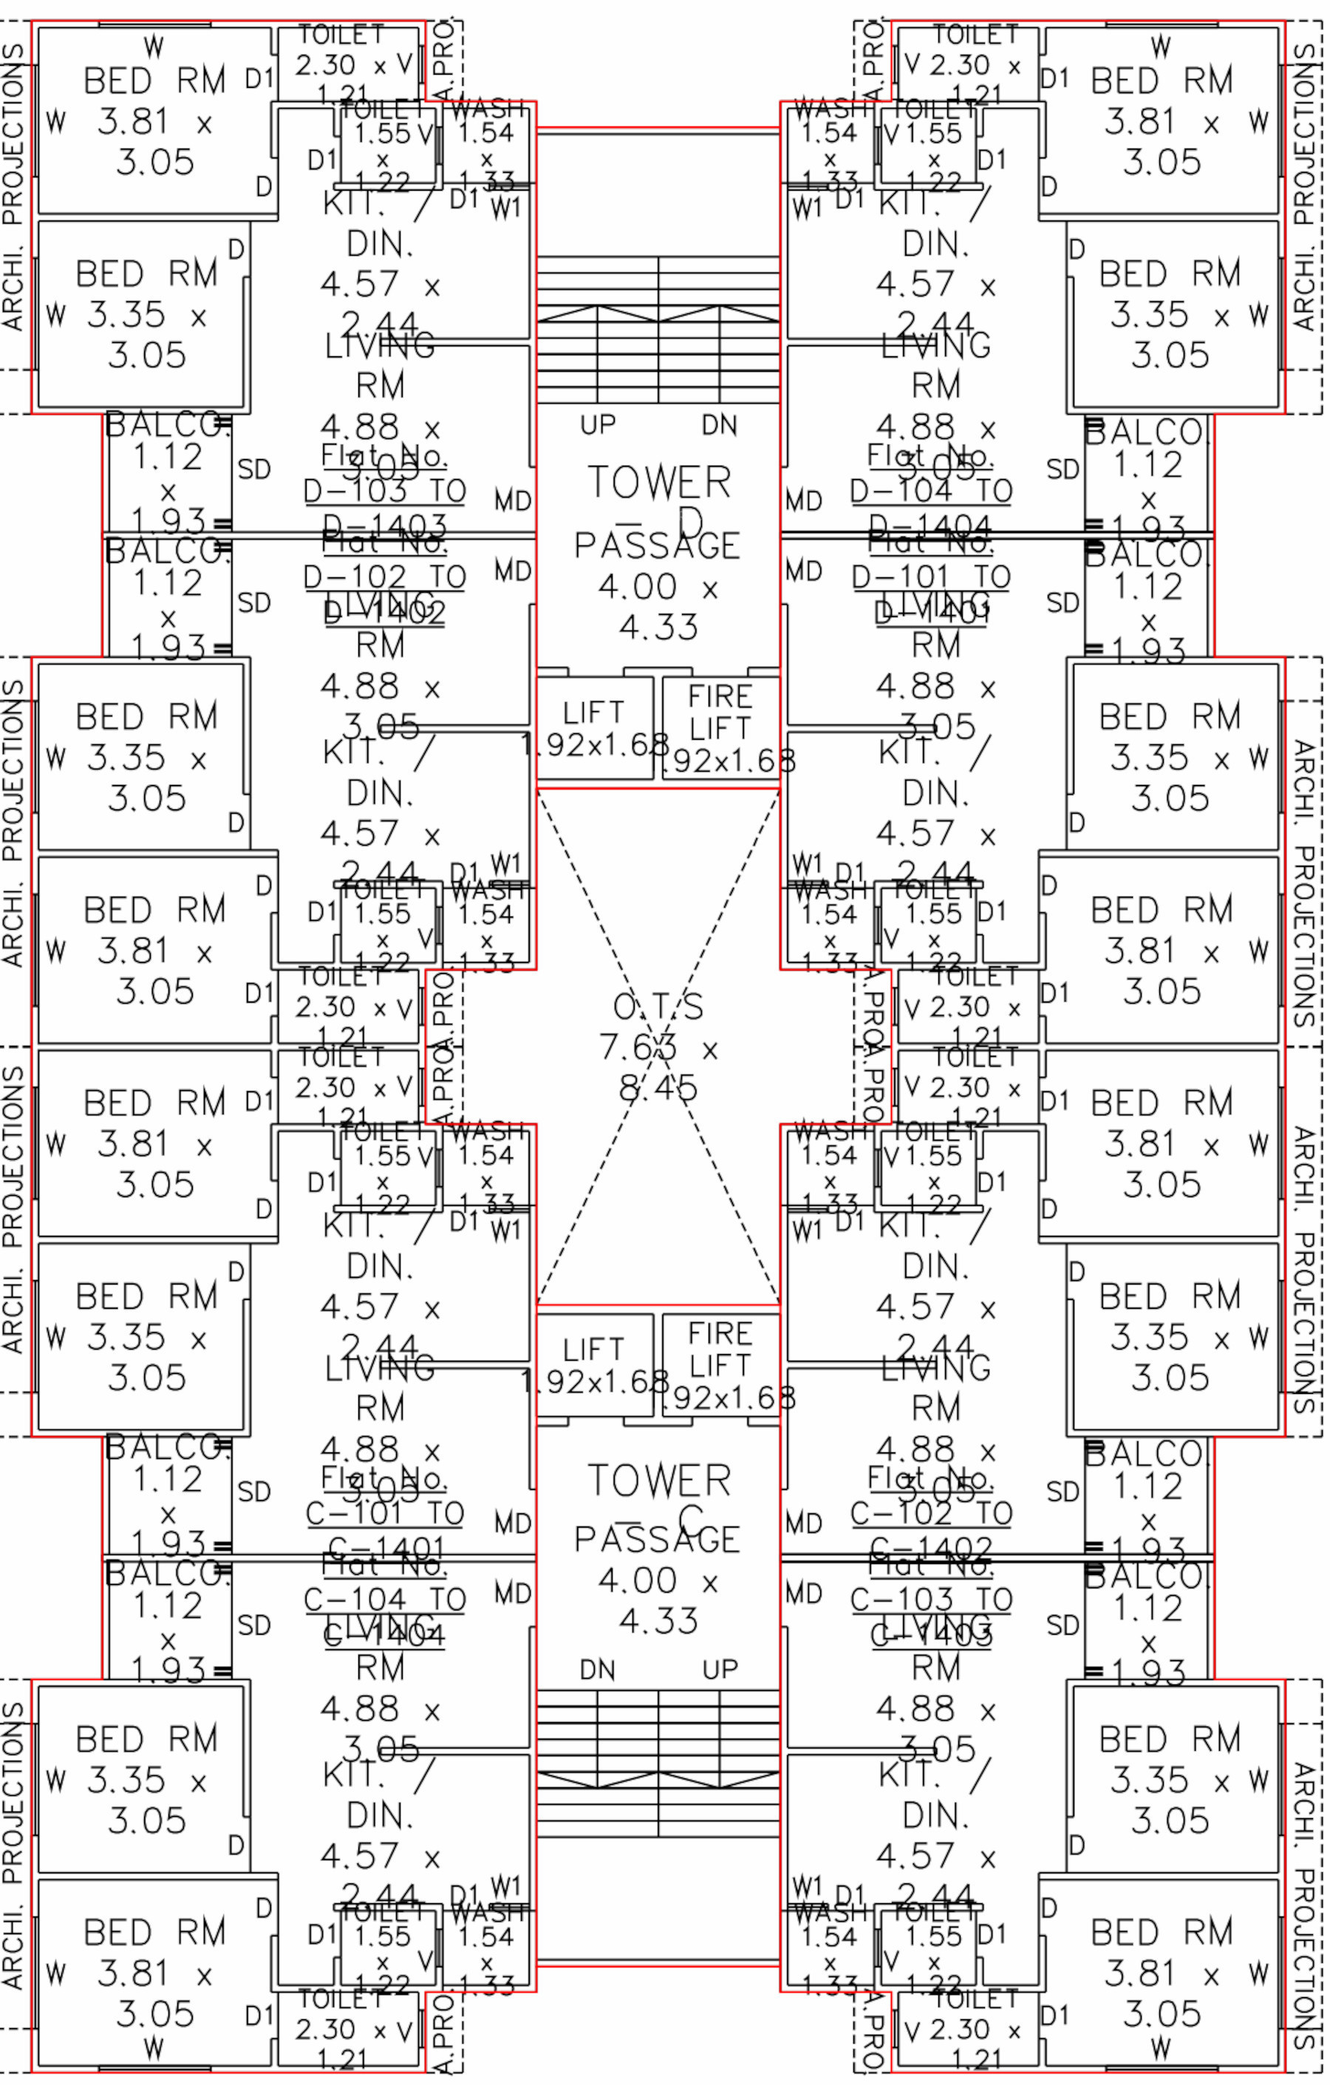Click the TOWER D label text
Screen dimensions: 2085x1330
point(660,500)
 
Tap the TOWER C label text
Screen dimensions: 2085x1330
point(660,1499)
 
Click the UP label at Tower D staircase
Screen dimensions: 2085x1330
point(598,425)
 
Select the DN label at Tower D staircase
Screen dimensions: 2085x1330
point(720,425)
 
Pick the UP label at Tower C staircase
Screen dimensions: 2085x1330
point(720,1670)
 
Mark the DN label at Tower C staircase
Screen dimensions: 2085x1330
point(598,1670)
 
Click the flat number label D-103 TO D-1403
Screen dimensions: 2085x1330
point(384,491)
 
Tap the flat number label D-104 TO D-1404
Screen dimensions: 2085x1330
point(931,491)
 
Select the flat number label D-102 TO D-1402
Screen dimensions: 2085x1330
point(384,576)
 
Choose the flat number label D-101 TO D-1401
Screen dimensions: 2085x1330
point(931,576)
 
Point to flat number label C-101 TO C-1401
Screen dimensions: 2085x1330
point(384,1514)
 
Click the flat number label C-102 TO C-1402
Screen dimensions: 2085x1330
point(931,1514)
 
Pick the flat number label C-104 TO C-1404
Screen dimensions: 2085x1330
point(384,1599)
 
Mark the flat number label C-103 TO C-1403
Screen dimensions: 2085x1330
point(931,1599)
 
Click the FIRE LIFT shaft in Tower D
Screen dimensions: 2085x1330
point(720,728)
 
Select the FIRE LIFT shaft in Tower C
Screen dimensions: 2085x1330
point(720,1364)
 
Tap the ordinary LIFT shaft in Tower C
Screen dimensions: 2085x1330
point(594,1364)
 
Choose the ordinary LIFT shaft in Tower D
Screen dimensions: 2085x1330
point(594,728)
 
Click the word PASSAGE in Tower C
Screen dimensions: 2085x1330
point(657,1539)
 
